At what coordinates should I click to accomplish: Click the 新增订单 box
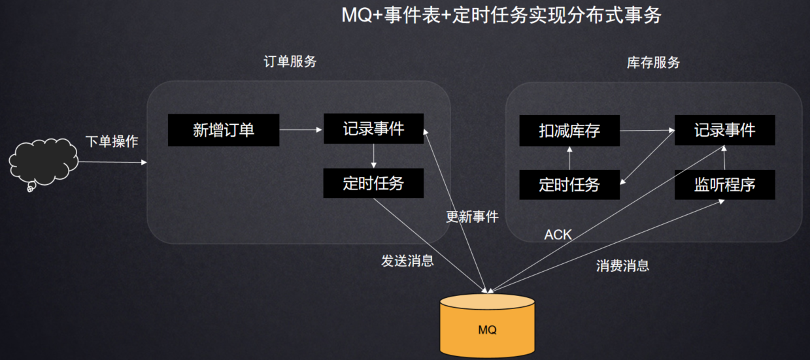[x=224, y=130]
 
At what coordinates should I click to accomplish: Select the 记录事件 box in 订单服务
[x=373, y=129]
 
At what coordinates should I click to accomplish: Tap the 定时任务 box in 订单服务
[x=373, y=183]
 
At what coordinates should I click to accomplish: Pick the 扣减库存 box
[x=569, y=131]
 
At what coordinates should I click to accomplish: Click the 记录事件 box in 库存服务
[x=724, y=130]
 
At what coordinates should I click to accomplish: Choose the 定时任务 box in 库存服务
[x=569, y=185]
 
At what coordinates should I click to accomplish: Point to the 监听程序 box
[x=724, y=185]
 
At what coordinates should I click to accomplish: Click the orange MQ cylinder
[x=487, y=325]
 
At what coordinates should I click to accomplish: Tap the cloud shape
[x=43, y=163]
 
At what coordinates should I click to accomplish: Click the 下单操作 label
[x=112, y=141]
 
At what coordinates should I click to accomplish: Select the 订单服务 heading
[x=290, y=61]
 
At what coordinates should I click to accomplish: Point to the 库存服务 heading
[x=653, y=63]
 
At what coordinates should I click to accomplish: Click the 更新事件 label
[x=472, y=217]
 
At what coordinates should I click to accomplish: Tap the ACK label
[x=558, y=235]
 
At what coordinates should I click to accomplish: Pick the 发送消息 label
[x=407, y=261]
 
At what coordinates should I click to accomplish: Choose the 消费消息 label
[x=622, y=266]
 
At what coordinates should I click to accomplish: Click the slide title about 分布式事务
[x=501, y=15]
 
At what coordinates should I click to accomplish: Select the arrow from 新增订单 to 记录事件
[x=301, y=129]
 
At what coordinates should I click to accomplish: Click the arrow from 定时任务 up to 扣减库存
[x=569, y=158]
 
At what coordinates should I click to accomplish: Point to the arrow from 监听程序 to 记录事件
[x=724, y=157]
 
